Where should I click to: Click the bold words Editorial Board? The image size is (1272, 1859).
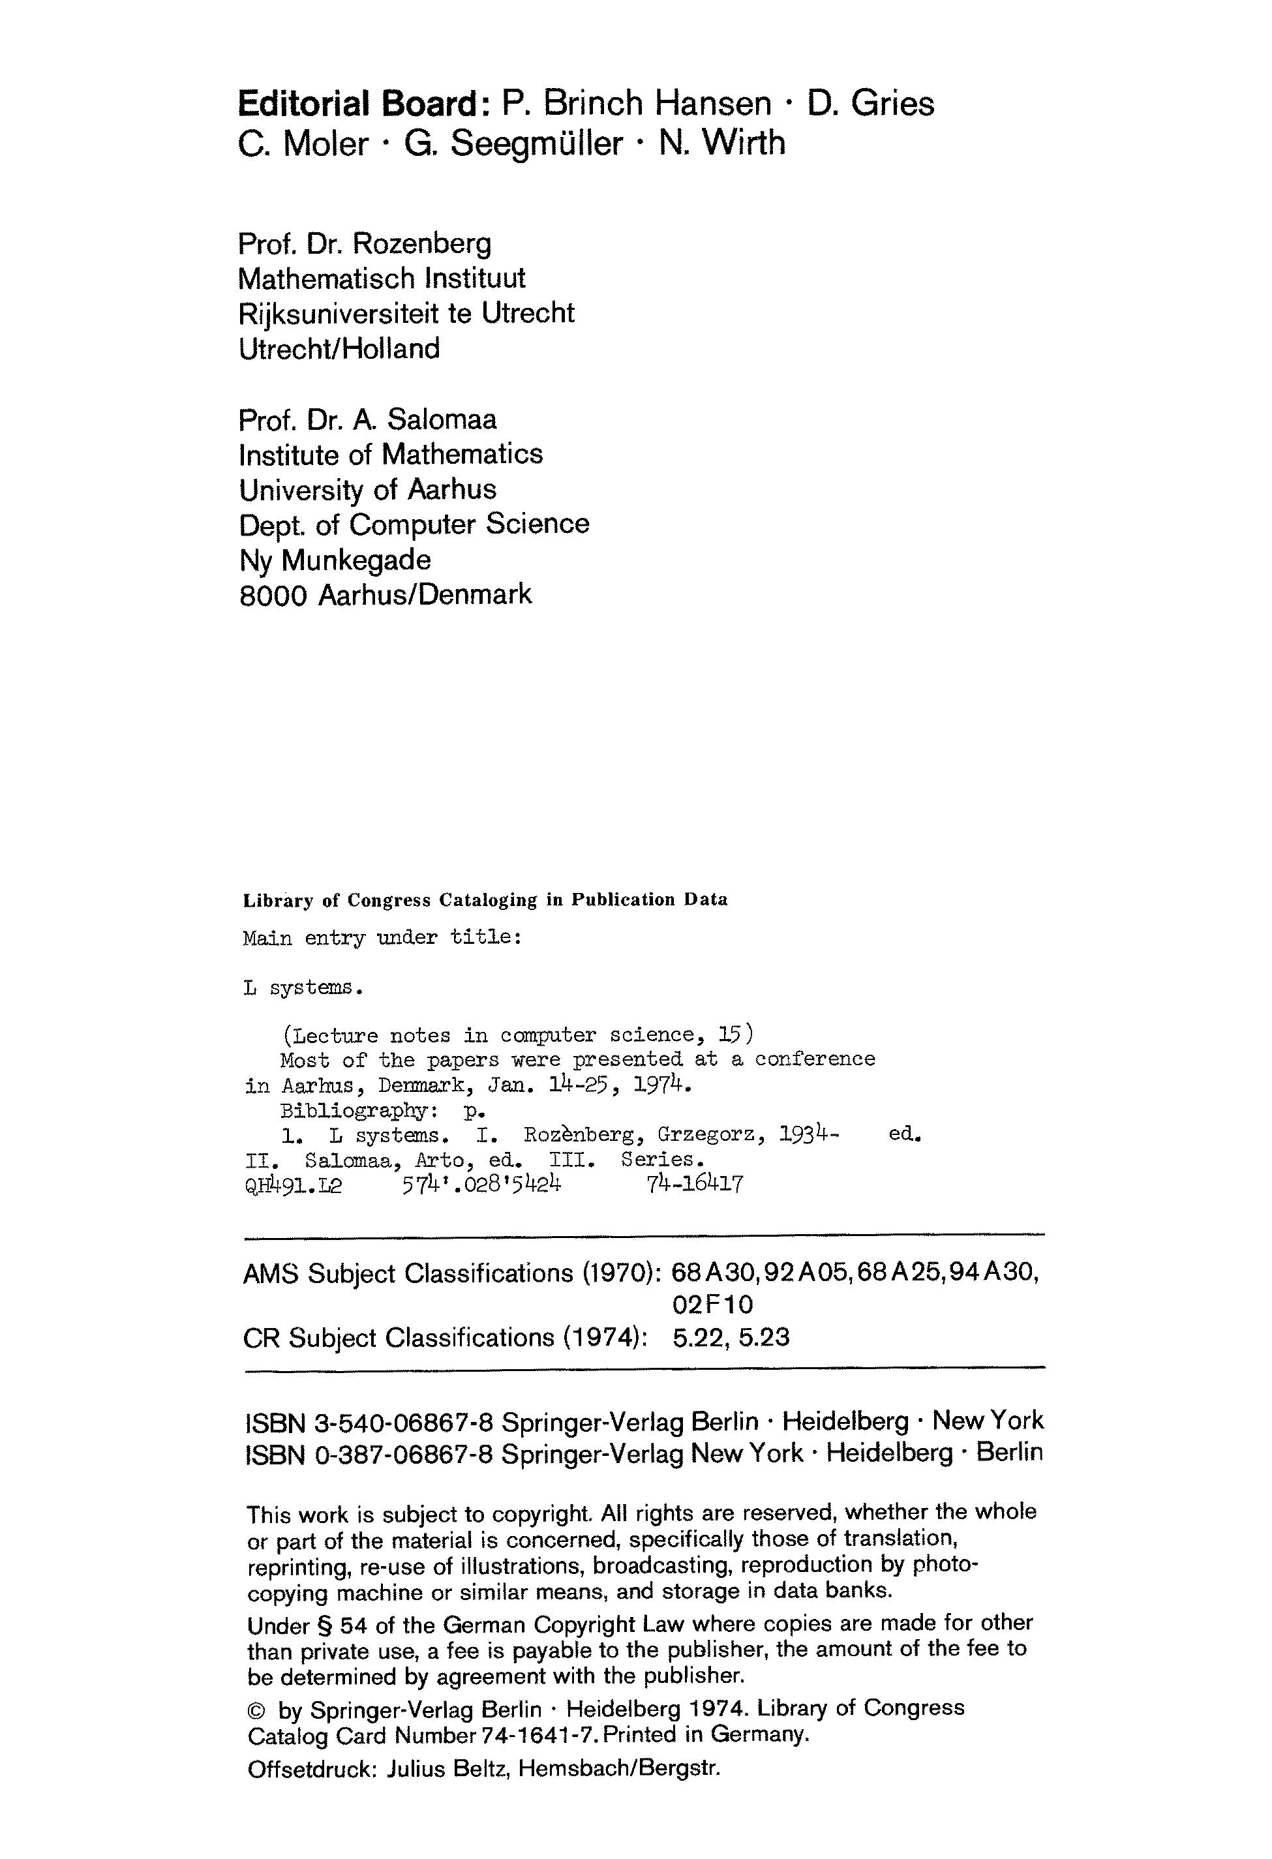point(358,104)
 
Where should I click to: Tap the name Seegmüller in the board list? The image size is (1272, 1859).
point(536,144)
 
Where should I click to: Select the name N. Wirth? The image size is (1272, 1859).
point(721,144)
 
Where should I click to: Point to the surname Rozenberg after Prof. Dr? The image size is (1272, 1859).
point(423,243)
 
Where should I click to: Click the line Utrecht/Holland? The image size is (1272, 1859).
point(339,349)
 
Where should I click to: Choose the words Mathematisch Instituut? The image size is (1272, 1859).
point(382,279)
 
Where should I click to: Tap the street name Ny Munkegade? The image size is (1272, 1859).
point(335,560)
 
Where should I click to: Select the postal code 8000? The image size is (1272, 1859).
point(273,595)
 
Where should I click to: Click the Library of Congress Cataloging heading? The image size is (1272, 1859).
point(485,900)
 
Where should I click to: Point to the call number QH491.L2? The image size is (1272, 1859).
point(293,1185)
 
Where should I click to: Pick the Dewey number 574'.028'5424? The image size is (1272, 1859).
point(481,1184)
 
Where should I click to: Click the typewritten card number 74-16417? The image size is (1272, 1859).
point(695,1184)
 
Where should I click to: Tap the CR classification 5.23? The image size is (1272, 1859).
point(764,1337)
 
